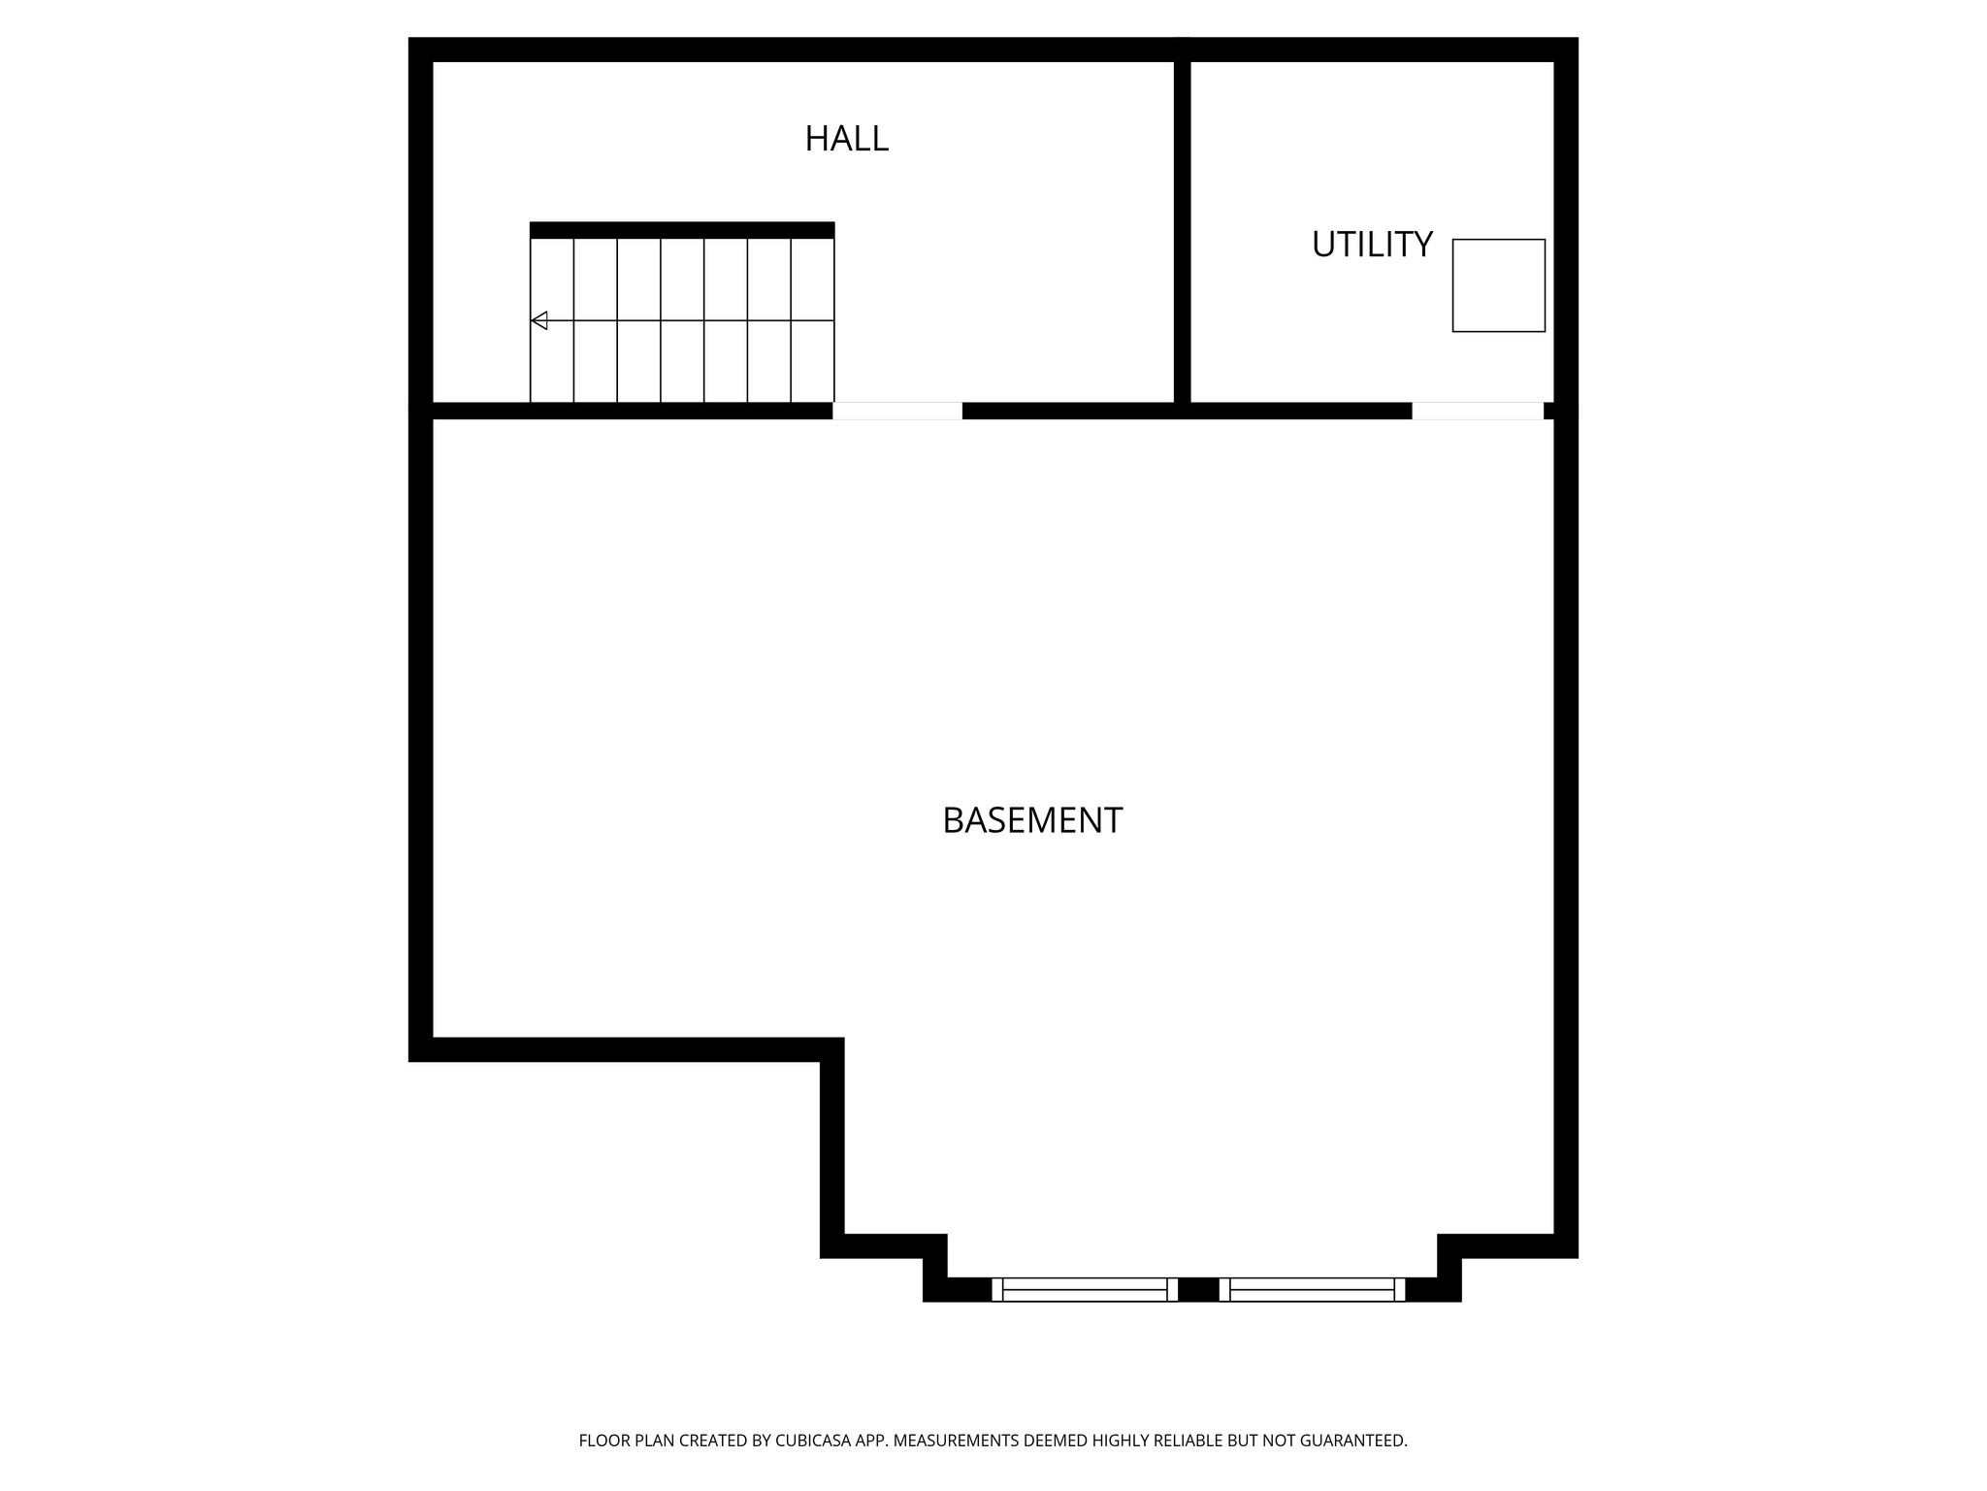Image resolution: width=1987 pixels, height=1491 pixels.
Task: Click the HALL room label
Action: (846, 139)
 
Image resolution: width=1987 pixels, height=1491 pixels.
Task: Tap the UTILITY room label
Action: (1371, 245)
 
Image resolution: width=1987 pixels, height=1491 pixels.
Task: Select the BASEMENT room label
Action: (1032, 821)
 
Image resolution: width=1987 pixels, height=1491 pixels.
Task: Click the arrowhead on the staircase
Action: (539, 320)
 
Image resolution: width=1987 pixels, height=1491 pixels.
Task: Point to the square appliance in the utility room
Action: (1498, 285)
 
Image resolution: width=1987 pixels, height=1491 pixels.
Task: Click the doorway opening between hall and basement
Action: (897, 411)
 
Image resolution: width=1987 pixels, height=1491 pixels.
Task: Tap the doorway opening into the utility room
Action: (1477, 411)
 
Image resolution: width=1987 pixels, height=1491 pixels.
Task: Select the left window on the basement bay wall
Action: (1085, 1289)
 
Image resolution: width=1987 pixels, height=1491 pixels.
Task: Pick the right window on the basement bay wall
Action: (1312, 1289)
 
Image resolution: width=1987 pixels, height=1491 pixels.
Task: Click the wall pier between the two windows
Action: (1198, 1289)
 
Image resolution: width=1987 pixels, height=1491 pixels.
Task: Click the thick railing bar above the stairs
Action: (682, 230)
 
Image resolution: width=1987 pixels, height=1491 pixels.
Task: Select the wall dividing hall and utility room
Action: (1182, 228)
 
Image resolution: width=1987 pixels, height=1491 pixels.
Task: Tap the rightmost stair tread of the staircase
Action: (813, 320)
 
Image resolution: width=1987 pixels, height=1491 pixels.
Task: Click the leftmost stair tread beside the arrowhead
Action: (552, 359)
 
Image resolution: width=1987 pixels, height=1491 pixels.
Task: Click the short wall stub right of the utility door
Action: (1549, 411)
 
